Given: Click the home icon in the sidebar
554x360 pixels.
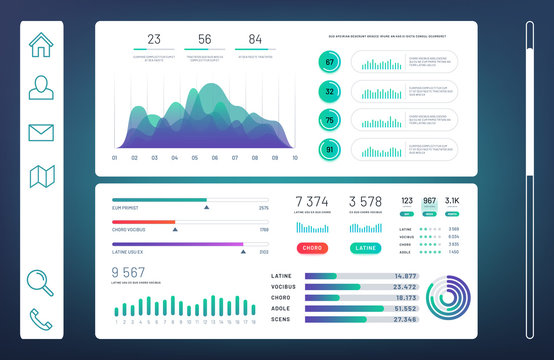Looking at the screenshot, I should pos(41,45).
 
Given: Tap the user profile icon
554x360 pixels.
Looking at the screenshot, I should pos(41,88).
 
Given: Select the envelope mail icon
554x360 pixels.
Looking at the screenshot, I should pos(41,132).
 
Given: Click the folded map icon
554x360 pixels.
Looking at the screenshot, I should pos(41,176).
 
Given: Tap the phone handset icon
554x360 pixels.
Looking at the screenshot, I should pos(41,319).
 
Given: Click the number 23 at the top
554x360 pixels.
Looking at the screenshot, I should pos(153,40).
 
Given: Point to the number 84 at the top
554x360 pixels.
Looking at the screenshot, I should pos(255,40).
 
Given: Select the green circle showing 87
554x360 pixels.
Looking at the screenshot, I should pos(329,63).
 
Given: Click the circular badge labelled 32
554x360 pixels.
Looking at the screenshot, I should pos(329,91).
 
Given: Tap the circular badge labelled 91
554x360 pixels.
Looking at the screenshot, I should pos(329,150).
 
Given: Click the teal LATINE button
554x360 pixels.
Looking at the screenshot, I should pos(366,247).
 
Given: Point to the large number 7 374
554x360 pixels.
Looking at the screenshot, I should pos(312,202).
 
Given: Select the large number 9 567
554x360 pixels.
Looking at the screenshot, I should pos(129,272).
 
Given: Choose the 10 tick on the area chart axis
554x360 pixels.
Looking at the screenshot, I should pos(294,157).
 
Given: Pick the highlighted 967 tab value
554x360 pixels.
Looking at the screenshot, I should pos(430,201).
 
